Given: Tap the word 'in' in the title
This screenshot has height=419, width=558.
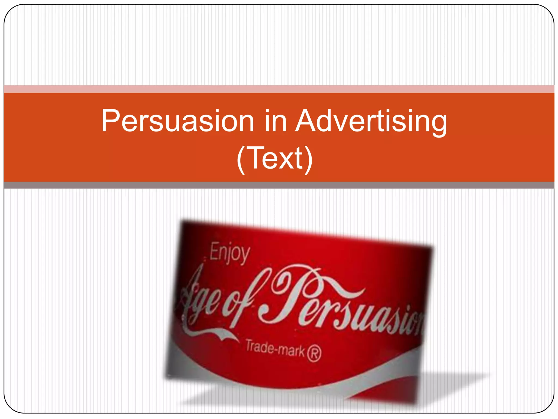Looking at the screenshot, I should pyautogui.click(x=275, y=121).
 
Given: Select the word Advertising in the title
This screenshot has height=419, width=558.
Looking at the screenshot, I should pyautogui.click(x=371, y=121).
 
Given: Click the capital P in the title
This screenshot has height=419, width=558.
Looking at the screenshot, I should pyautogui.click(x=110, y=121).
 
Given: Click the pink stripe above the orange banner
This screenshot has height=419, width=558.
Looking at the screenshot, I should pyautogui.click(x=279, y=89).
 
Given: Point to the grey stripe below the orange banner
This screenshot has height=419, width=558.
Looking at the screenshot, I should pyautogui.click(x=279, y=185).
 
